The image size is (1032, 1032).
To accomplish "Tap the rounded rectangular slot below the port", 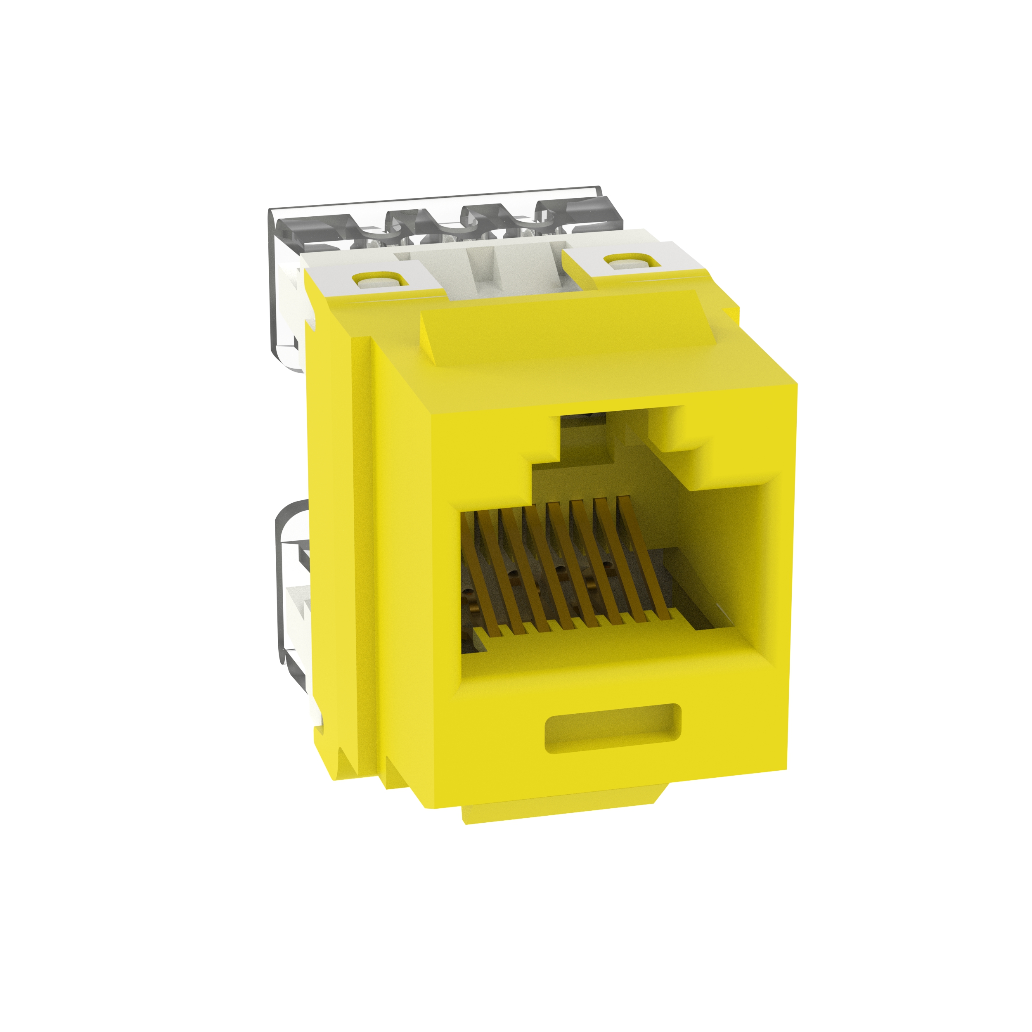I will click(x=612, y=729).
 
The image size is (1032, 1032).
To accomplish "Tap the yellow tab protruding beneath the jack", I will click(x=561, y=809).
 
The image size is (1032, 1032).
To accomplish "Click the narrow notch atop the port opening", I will click(x=587, y=438).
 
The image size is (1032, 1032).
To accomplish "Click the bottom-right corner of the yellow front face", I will click(x=786, y=769).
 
